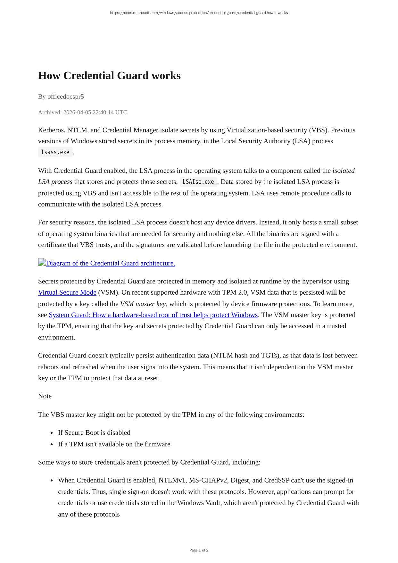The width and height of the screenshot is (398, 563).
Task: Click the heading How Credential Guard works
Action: point(109,76)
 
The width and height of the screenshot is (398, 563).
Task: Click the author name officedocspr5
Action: point(66,97)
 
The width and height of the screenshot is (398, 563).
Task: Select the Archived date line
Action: point(83,112)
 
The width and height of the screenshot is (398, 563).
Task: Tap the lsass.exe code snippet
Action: point(55,152)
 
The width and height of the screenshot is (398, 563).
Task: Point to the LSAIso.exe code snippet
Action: point(198,182)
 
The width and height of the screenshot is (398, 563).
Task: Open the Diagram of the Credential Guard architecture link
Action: point(111,263)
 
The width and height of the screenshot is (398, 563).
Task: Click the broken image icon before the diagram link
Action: point(42,263)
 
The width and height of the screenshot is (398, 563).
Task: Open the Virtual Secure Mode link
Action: point(67,292)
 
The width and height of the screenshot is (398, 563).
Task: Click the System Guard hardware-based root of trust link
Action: point(153,315)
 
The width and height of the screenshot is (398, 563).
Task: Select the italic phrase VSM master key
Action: point(143,304)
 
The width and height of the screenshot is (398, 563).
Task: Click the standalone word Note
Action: point(45,396)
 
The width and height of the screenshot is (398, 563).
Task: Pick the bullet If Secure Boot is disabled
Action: point(94,433)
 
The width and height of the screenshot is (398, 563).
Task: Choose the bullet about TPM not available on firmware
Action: point(114,444)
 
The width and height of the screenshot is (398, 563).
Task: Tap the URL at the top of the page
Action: point(199,13)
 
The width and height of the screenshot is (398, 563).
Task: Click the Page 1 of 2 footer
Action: point(199,550)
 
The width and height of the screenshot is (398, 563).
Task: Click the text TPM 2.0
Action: point(235,292)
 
